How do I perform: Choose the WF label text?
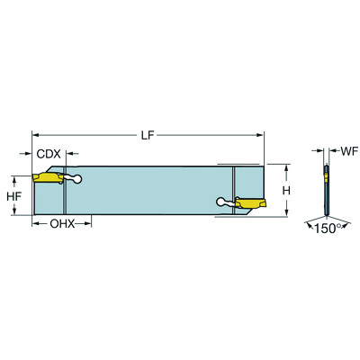345,150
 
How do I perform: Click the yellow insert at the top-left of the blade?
50,178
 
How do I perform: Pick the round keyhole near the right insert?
221,203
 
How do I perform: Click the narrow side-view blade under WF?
324,190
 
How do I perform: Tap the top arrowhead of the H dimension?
286,167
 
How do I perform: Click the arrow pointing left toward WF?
330,150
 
